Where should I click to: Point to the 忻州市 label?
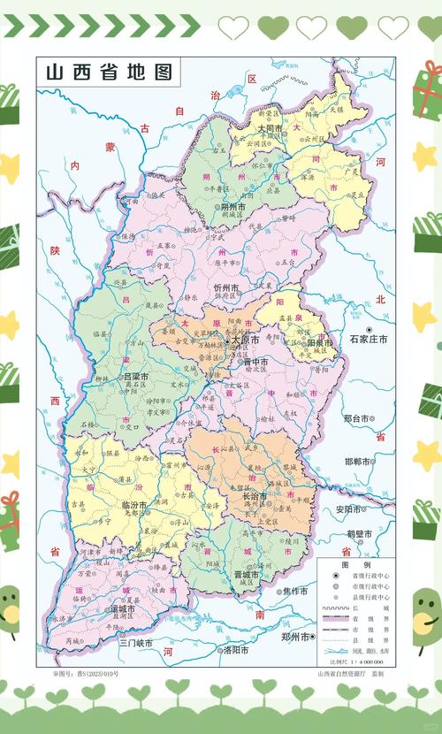click(232, 288)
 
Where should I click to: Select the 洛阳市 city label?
click(239, 650)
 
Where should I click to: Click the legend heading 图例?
click(354, 563)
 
